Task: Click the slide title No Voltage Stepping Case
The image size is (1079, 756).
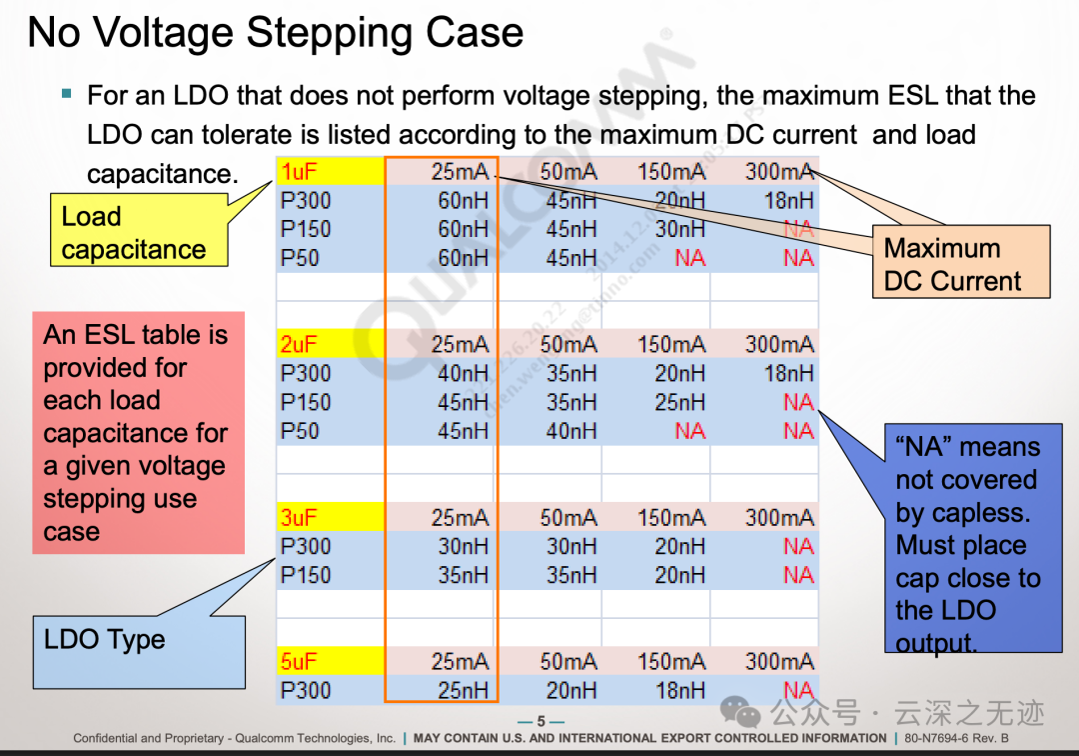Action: (x=275, y=32)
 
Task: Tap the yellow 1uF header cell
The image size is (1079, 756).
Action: (x=330, y=171)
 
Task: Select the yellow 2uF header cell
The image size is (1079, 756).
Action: (x=330, y=345)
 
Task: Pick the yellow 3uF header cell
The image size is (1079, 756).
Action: (x=330, y=518)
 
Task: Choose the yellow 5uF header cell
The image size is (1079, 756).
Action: (x=330, y=662)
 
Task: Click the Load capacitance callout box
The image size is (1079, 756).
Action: (x=139, y=233)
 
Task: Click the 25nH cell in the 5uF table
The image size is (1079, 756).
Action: (x=463, y=690)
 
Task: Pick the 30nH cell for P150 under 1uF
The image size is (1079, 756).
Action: (x=679, y=229)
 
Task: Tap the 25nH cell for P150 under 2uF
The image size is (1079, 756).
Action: (x=679, y=402)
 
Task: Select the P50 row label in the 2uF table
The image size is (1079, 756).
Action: (x=300, y=431)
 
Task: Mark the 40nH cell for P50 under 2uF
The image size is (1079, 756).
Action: (x=570, y=431)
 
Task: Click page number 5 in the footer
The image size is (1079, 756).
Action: (x=541, y=722)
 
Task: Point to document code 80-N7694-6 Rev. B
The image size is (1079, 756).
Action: (x=957, y=739)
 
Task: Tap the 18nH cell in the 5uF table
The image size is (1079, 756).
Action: (x=679, y=690)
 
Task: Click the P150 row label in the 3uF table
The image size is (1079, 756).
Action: (x=306, y=575)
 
